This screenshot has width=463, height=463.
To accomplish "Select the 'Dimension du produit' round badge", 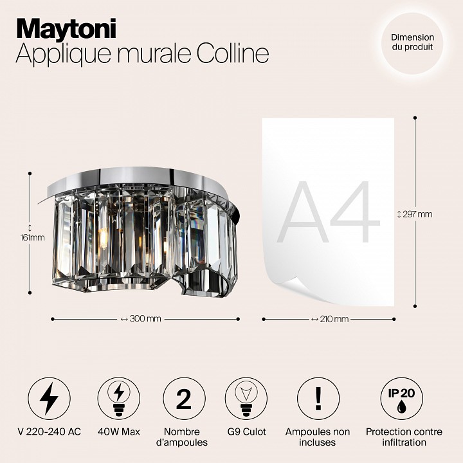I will pyautogui.click(x=412, y=43).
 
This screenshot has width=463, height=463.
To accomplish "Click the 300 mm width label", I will pyautogui.click(x=145, y=318).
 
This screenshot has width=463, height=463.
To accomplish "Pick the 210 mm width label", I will pyautogui.click(x=329, y=318).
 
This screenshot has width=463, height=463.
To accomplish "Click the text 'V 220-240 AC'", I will pyautogui.click(x=49, y=431).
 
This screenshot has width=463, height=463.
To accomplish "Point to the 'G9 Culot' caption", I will pyautogui.click(x=246, y=431).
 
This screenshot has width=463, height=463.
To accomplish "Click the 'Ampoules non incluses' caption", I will pyautogui.click(x=318, y=437).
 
